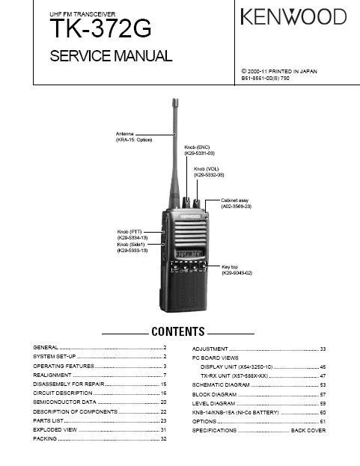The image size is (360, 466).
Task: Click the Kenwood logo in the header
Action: coord(293,16)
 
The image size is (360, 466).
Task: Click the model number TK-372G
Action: coord(100,28)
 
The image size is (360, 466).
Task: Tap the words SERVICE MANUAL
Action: coord(111,56)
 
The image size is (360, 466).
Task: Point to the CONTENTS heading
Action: coord(178,331)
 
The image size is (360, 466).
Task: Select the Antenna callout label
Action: coord(134,137)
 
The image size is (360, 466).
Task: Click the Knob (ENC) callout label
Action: coord(200,150)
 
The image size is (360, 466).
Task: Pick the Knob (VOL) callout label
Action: coord(209,172)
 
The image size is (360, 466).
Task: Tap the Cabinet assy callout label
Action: coord(236,203)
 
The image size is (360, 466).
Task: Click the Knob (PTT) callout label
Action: coord(132,234)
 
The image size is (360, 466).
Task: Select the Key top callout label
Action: coord(237,270)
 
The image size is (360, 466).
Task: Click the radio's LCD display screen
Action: coord(190,254)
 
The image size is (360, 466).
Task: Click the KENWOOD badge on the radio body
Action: coord(189,217)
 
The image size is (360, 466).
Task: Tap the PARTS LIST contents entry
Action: coord(48,420)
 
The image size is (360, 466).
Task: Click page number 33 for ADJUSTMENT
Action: coord(323,349)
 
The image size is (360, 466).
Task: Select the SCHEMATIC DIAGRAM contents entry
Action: coord(221,385)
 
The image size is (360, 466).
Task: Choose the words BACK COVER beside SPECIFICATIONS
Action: coord(308,430)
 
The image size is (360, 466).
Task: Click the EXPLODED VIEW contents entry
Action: coord(55,430)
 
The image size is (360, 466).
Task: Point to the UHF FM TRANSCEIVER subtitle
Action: coord(82,14)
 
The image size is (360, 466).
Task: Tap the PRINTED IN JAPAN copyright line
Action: coord(279,71)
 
